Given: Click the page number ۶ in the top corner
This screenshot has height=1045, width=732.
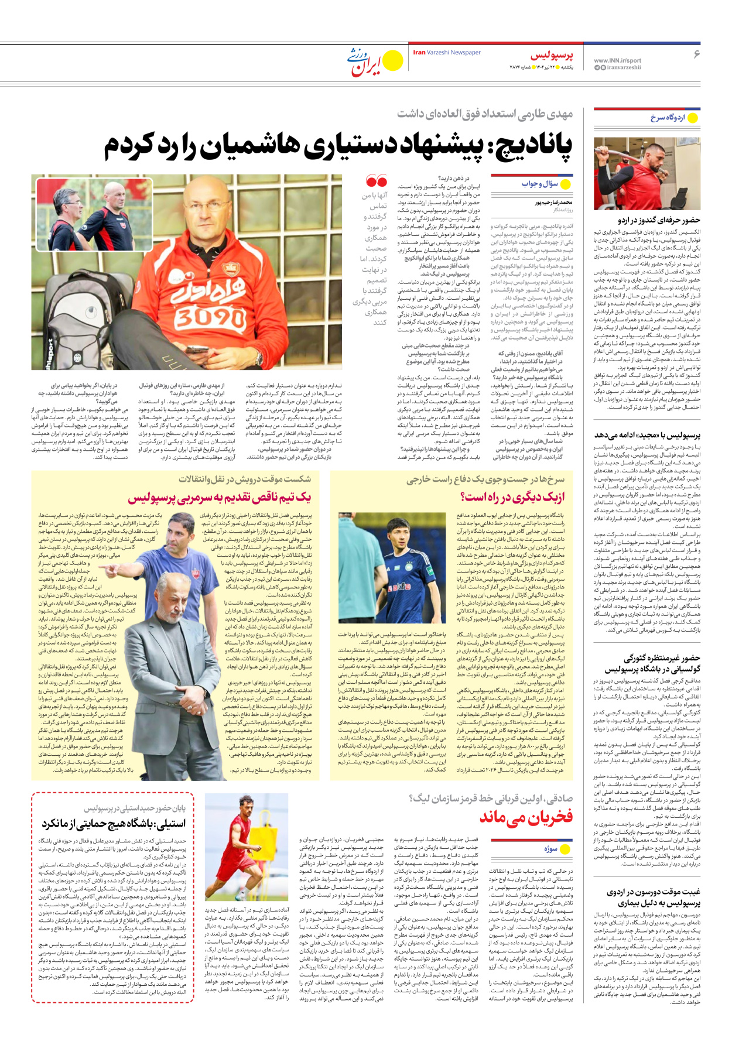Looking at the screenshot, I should point(696,54).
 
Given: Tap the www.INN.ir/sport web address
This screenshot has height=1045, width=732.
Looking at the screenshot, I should point(617,60).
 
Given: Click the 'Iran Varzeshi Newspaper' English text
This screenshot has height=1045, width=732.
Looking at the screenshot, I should point(447,53).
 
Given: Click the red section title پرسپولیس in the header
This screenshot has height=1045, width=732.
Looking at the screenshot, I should point(552,56).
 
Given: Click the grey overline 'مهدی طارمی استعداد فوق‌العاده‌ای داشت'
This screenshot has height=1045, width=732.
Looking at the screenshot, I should point(485,114).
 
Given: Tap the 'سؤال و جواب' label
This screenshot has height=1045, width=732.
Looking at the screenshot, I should point(539,184).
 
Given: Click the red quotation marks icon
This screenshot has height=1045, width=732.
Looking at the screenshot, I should point(376,181).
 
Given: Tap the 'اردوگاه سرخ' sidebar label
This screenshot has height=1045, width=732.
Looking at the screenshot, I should point(667,118).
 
